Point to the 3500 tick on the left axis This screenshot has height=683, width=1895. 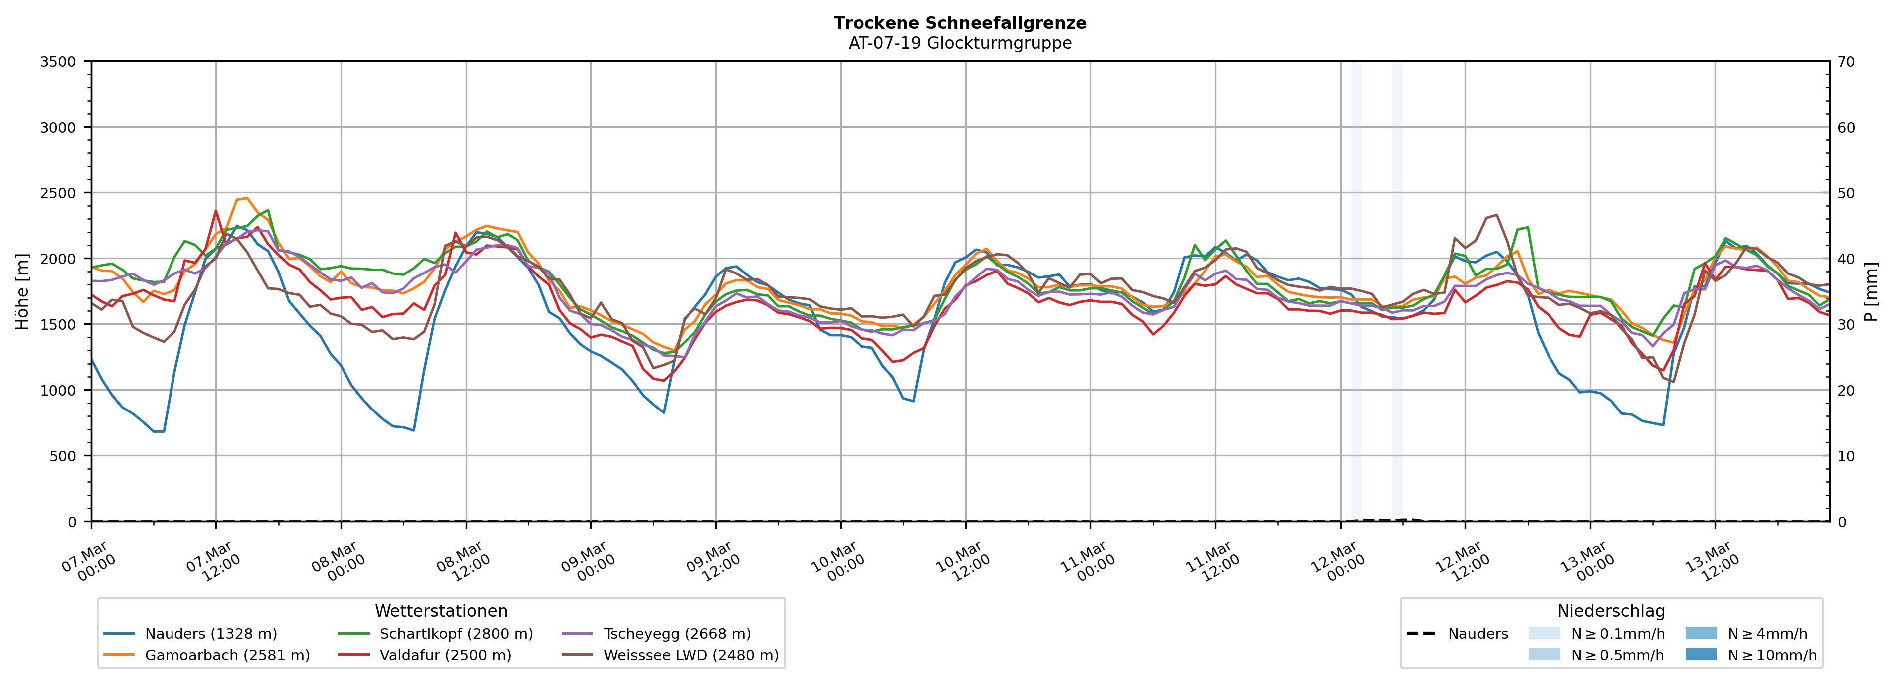[x=58, y=62]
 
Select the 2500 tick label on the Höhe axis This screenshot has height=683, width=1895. [x=58, y=193]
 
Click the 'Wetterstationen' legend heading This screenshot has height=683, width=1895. [x=441, y=611]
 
